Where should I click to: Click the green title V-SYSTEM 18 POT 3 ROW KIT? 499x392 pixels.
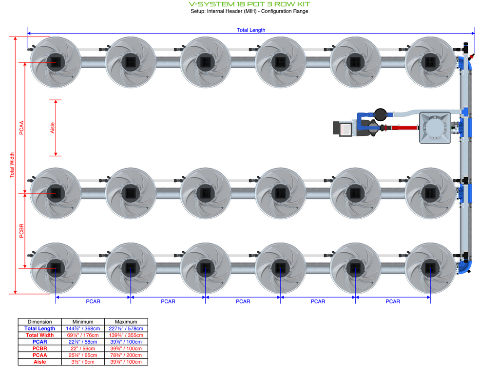pyautogui.click(x=249, y=4)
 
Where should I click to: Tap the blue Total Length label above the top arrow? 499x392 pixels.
pyautogui.click(x=251, y=30)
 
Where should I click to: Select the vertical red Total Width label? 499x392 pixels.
pyautogui.click(x=12, y=165)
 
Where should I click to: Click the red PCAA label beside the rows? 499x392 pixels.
pyautogui.click(x=21, y=128)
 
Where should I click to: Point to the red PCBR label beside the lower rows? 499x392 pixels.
pyautogui.click(x=21, y=231)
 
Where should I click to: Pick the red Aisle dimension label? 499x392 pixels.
pyautogui.click(x=53, y=128)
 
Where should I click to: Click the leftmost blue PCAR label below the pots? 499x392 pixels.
pyautogui.click(x=93, y=301)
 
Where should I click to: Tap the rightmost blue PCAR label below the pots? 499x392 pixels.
pyautogui.click(x=393, y=301)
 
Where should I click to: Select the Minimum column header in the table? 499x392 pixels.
pyautogui.click(x=83, y=322)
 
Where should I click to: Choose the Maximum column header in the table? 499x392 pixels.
pyautogui.click(x=126, y=322)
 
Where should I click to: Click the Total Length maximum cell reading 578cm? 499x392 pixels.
pyautogui.click(x=126, y=328)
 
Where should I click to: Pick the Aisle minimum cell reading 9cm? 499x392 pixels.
pyautogui.click(x=83, y=362)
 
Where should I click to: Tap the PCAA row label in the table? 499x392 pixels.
pyautogui.click(x=40, y=355)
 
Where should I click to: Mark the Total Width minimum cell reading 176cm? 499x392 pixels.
pyautogui.click(x=83, y=335)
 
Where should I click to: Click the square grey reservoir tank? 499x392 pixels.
pyautogui.click(x=435, y=128)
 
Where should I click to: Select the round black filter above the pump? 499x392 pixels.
pyautogui.click(x=380, y=114)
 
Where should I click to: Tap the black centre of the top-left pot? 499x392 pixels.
pyautogui.click(x=56, y=62)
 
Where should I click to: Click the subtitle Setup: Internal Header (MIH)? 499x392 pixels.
pyautogui.click(x=224, y=11)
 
